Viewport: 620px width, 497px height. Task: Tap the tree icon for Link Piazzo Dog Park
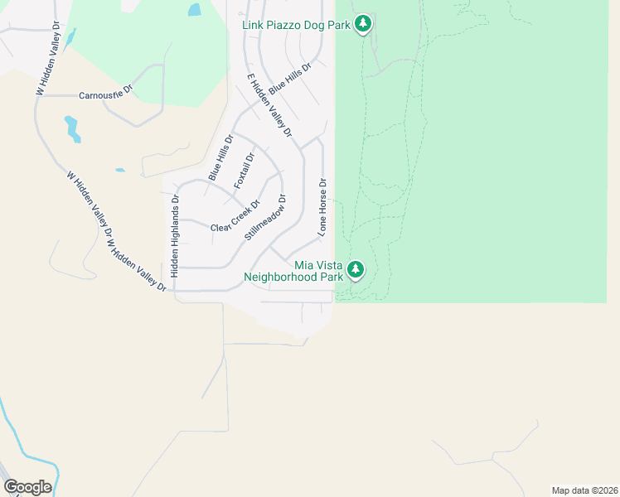pos(362,24)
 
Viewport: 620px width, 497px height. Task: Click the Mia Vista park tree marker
pos(356,269)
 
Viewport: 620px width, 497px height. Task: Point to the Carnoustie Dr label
pos(106,95)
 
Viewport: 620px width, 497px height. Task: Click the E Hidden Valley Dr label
pos(270,105)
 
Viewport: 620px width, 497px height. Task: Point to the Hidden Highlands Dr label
pos(175,235)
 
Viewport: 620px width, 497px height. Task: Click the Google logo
pos(27,487)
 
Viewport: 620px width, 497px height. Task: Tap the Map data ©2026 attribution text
pos(584,490)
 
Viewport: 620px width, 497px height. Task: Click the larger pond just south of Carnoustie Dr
pos(72,128)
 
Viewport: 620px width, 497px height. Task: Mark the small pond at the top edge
pos(194,10)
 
